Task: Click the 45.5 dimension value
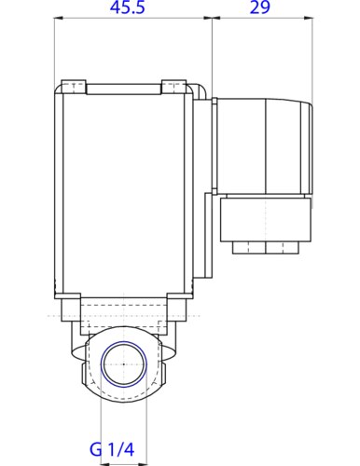pos(132,10)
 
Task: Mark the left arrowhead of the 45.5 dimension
pos(58,18)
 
